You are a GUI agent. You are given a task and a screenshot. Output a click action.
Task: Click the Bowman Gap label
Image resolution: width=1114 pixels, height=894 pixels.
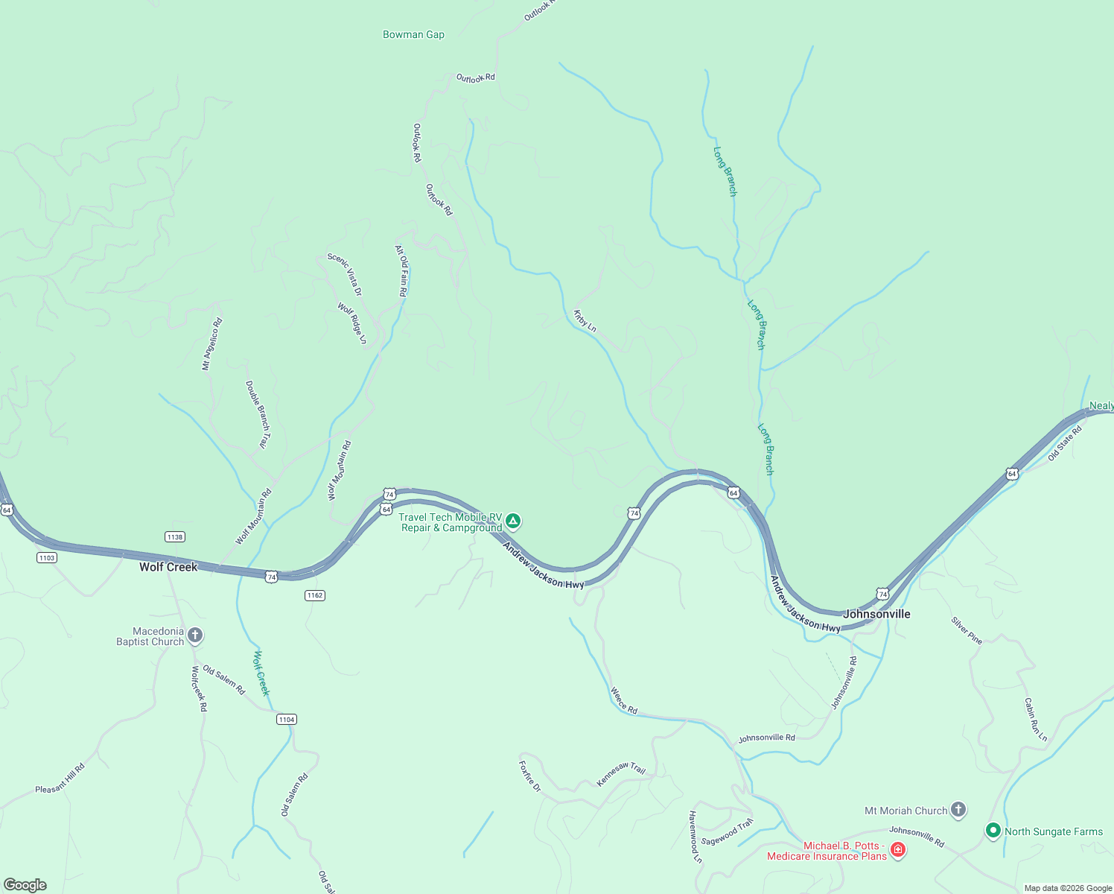tap(413, 34)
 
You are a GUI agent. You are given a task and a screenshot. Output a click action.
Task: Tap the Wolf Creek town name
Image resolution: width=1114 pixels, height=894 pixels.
tap(168, 567)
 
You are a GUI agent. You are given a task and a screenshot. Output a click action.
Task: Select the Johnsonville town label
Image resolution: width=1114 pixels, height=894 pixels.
tap(876, 614)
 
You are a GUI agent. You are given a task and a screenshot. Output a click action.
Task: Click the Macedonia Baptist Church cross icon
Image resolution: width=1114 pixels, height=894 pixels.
tap(195, 635)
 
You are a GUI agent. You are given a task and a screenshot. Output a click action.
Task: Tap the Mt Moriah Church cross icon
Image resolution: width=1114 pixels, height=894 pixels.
tap(958, 810)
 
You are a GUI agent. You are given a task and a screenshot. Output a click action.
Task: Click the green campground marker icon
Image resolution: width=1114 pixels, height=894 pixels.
tap(513, 521)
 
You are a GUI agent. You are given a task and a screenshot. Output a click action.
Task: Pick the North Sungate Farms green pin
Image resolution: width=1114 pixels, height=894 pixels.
tap(993, 831)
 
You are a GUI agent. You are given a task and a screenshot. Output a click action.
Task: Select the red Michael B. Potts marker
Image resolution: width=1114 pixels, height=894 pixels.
tap(898, 850)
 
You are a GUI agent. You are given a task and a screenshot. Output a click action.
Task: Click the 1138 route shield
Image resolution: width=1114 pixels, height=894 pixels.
tap(175, 537)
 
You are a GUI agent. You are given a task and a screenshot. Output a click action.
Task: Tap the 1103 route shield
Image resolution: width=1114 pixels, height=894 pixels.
tap(46, 557)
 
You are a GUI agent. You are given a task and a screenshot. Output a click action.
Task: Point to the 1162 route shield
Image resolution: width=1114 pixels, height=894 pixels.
tap(315, 595)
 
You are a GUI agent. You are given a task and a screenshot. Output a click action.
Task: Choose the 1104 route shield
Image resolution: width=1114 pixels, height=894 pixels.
tap(286, 719)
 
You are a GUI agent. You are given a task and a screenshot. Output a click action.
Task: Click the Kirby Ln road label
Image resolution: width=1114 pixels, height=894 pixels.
tap(585, 321)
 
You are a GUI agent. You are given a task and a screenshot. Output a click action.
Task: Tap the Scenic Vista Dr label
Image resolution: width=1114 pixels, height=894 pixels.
tap(345, 274)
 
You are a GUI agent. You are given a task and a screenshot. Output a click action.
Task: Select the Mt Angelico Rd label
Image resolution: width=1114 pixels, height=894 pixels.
tap(212, 344)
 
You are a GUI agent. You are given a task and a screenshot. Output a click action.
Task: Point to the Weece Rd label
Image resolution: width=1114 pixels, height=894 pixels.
tap(624, 700)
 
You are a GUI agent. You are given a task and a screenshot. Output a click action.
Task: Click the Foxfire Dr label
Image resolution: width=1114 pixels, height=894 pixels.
tap(529, 776)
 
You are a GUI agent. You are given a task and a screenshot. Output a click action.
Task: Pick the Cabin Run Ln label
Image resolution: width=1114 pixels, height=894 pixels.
tap(1035, 720)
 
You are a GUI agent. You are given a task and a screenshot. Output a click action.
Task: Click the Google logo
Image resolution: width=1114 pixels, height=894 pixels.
tap(25, 885)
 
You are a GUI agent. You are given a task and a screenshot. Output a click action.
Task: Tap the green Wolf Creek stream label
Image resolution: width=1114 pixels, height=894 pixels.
tap(261, 673)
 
